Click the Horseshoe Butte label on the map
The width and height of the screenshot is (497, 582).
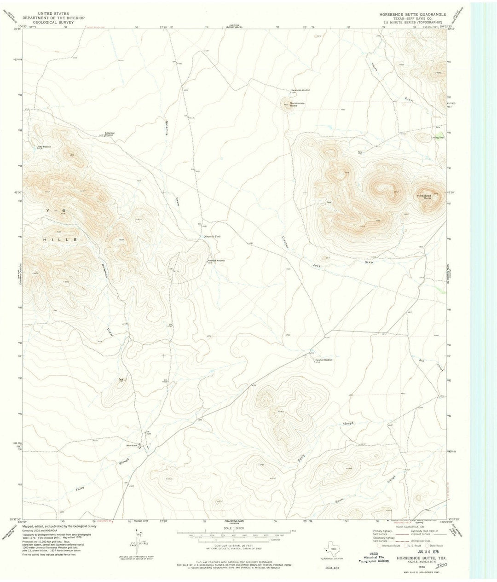(424, 196)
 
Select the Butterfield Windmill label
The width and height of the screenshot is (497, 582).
(112, 134)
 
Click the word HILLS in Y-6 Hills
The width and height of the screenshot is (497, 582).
(64, 240)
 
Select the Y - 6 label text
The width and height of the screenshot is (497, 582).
(53, 210)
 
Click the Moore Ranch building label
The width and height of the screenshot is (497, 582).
(133, 446)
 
